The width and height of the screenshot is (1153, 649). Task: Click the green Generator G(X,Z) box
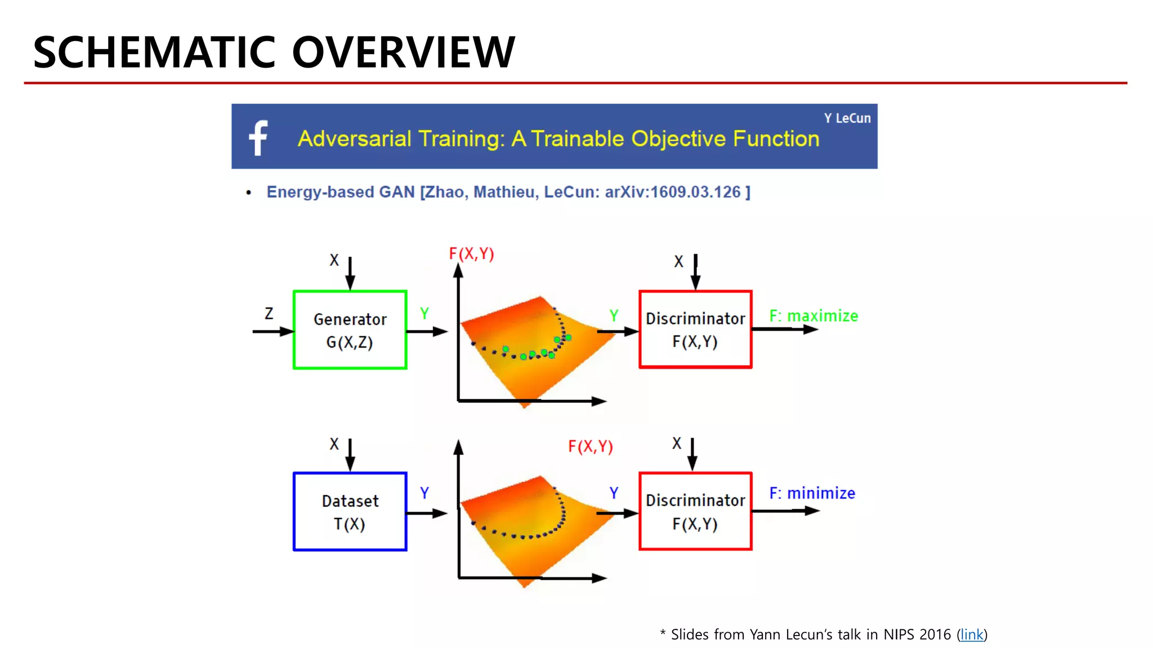point(350,330)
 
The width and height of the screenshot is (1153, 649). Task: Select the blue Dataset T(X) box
point(350,512)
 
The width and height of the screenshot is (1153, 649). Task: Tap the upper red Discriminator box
point(695,330)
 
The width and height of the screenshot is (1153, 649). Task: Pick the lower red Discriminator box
point(695,512)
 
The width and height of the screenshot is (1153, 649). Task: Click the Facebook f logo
point(258,137)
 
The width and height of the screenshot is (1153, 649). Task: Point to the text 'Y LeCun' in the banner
point(847,118)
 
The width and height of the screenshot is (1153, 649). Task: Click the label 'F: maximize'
point(814,316)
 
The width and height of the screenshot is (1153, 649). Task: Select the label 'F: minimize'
point(812,494)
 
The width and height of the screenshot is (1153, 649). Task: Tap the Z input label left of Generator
point(269,313)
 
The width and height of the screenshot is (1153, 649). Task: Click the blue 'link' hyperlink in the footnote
point(972,635)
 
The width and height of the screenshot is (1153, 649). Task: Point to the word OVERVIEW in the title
point(403,52)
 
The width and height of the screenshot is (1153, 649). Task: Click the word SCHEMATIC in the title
point(154,52)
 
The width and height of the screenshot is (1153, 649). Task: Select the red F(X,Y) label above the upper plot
point(471,254)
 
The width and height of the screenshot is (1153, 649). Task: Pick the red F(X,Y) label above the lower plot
point(590,447)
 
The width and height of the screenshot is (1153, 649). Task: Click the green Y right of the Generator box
point(424,314)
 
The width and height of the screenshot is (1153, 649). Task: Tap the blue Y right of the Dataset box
point(424,493)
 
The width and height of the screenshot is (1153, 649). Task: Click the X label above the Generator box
point(334,260)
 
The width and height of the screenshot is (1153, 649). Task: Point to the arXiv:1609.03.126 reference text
point(673,192)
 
